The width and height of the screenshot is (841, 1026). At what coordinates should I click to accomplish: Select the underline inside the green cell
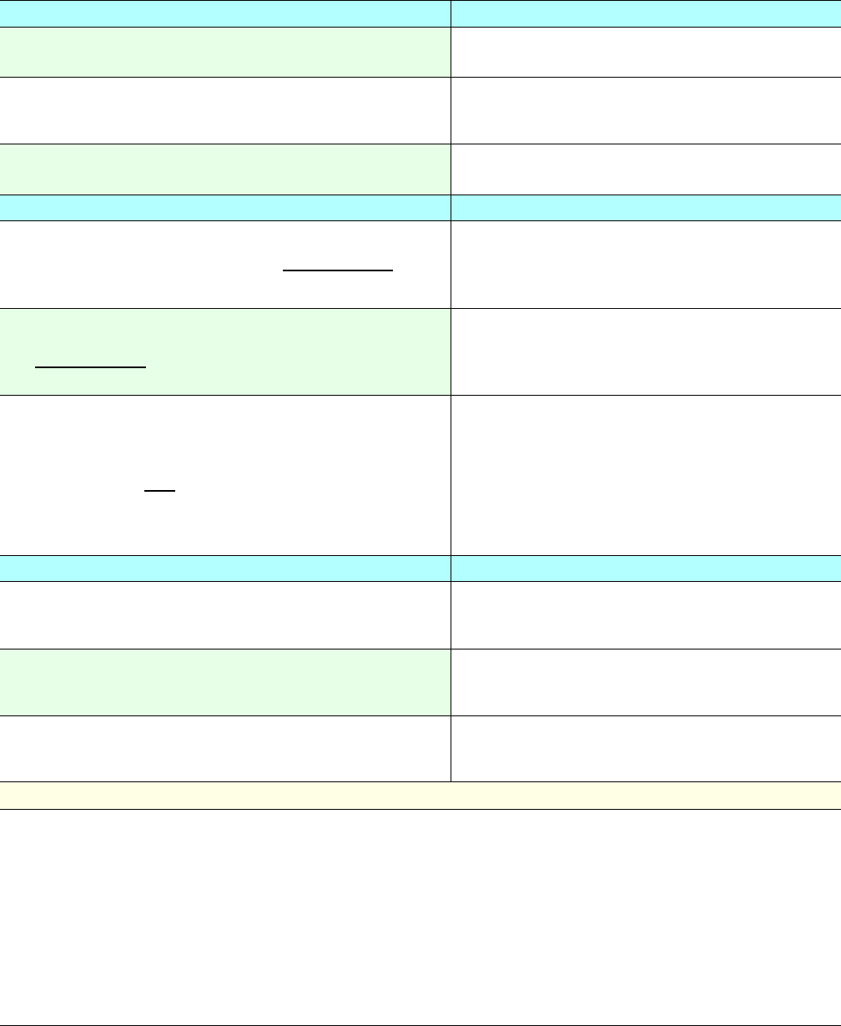tap(90, 366)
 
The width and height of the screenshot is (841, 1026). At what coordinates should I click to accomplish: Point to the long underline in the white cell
tap(337, 270)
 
